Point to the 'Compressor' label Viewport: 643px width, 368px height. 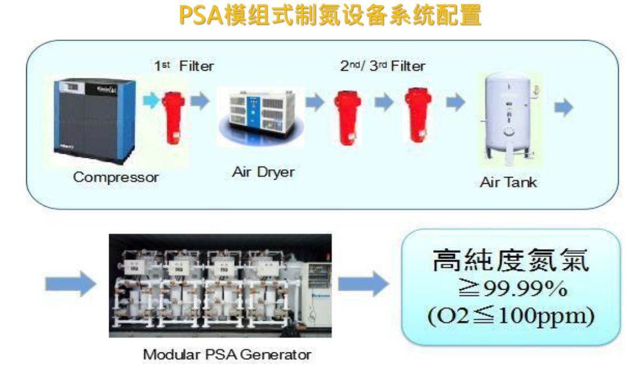[116, 177]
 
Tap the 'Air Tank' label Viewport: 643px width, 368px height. [508, 183]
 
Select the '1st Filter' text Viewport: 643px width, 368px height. [183, 66]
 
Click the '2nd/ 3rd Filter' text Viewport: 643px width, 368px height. [382, 66]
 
